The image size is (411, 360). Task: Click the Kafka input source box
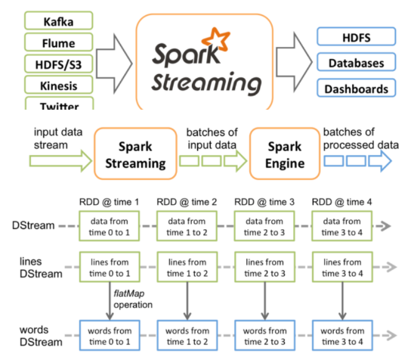click(x=58, y=20)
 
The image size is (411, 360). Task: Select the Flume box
click(x=58, y=42)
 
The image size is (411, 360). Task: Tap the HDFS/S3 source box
click(x=58, y=64)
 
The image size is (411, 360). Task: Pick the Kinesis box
click(x=58, y=85)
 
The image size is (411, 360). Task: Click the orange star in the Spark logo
click(x=216, y=39)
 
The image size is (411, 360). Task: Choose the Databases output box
click(x=356, y=62)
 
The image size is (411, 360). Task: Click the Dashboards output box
click(x=356, y=88)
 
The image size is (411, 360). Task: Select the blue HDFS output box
click(x=356, y=36)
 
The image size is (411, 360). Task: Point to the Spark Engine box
click(x=285, y=154)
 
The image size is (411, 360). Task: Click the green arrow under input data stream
click(x=60, y=161)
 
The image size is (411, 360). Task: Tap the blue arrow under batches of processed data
click(x=380, y=161)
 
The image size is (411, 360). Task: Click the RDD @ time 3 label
click(x=264, y=202)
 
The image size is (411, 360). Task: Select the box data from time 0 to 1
click(x=110, y=226)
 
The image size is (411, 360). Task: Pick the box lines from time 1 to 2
click(x=187, y=267)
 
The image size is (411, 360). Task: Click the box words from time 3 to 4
click(x=342, y=335)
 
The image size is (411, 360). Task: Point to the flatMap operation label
click(x=133, y=299)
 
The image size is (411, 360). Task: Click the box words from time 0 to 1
click(x=110, y=335)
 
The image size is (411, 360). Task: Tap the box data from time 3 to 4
click(x=341, y=226)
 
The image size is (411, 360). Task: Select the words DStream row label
click(x=41, y=336)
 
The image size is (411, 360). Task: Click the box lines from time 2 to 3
click(x=264, y=267)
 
